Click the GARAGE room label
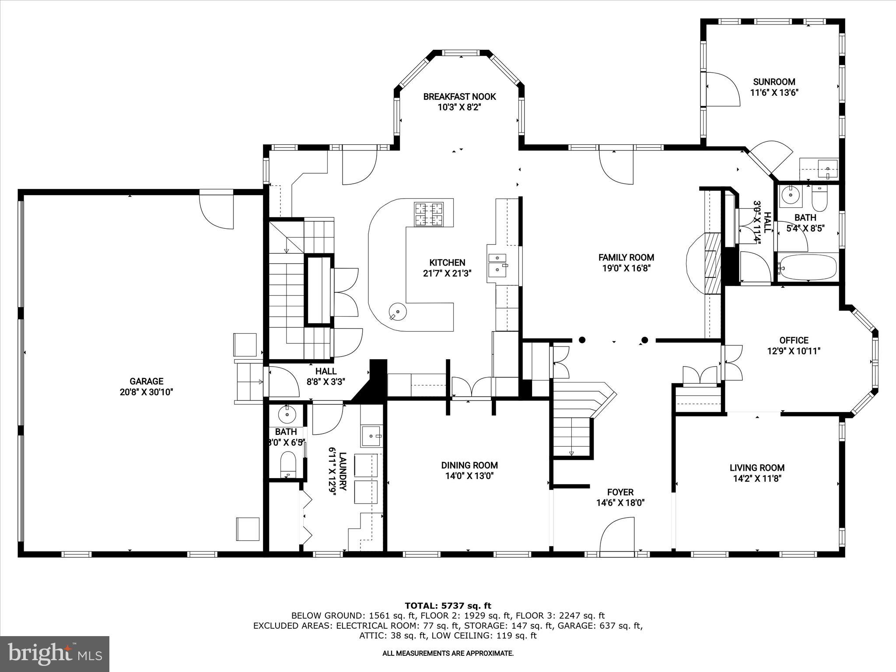click(146, 381)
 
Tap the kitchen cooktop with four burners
click(429, 214)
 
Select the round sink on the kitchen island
click(398, 312)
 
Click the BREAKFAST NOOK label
click(459, 97)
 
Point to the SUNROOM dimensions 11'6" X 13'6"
click(774, 93)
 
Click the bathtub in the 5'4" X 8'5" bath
click(808, 266)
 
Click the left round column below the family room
click(582, 339)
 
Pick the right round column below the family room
click(644, 340)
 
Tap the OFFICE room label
click(794, 340)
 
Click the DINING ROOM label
click(469, 465)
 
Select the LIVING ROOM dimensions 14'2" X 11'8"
click(757, 479)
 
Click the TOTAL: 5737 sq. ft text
click(448, 606)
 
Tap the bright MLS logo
click(55, 654)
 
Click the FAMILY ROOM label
click(626, 258)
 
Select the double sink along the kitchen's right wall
click(497, 265)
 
